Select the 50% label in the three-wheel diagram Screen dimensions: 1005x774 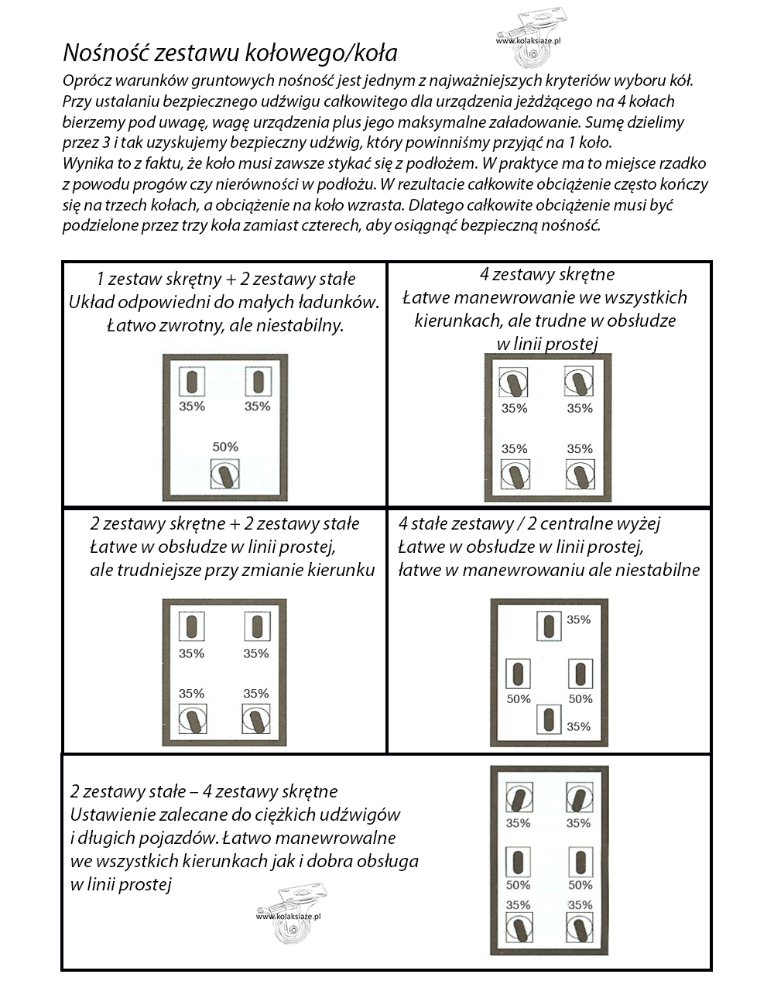[225, 447]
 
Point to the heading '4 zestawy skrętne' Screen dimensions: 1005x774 [547, 274]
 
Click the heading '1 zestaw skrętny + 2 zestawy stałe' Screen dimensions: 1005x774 [226, 279]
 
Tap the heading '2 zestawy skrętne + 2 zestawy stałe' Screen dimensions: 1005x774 [224, 523]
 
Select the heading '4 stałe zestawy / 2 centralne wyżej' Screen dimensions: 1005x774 [529, 523]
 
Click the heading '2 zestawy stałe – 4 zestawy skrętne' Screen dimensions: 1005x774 [204, 791]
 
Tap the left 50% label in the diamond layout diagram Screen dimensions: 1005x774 [519, 699]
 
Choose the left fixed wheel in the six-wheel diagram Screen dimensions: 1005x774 [518, 862]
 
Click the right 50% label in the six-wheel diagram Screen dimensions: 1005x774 [580, 885]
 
